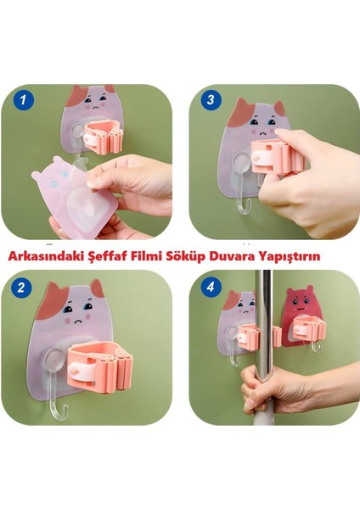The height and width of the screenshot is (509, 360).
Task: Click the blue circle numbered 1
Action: coord(24,99)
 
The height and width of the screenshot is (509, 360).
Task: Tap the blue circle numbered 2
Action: coord(20,288)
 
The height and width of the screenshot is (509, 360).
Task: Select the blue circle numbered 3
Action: coord(211,99)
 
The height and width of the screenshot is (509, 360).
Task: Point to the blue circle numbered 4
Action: coord(211,287)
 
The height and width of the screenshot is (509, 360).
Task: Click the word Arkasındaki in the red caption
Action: coord(46,256)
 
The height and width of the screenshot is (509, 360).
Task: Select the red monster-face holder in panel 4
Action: coord(297,316)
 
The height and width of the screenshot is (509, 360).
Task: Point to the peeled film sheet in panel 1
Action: coord(74,195)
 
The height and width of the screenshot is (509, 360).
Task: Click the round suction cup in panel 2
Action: coord(53,360)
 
